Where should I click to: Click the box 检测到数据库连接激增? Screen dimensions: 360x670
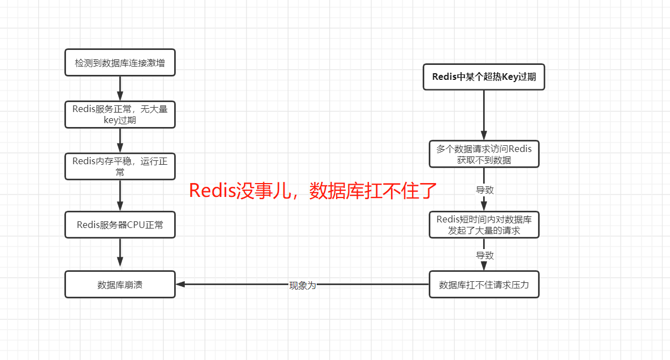(120, 63)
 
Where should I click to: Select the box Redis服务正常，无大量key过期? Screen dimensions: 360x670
(120, 114)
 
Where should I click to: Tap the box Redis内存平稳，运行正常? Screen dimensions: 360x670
(120, 166)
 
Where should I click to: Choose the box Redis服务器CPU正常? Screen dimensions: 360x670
(120, 225)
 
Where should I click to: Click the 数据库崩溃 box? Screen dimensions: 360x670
(120, 285)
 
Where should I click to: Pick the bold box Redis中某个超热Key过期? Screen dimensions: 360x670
(484, 77)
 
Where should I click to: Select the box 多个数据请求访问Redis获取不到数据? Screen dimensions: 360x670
(484, 154)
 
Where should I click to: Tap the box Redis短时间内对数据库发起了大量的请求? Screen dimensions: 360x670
(484, 225)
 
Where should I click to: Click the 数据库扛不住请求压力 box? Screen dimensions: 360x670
(484, 285)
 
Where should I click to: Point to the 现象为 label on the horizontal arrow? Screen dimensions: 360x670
(302, 285)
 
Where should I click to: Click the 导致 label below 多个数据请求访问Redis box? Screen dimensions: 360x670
(484, 190)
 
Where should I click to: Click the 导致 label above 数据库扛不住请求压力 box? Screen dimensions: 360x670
(484, 255)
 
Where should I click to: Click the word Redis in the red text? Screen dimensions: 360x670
(212, 191)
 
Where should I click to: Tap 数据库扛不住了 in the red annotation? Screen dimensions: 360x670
(373, 191)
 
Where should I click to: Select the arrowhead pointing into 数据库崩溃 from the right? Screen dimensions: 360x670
(181, 285)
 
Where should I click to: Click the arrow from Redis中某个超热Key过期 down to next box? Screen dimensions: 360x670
(484, 114)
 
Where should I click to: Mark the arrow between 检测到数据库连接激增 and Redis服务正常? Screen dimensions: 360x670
(120, 88)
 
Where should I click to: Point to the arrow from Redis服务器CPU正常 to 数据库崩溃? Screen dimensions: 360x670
(120, 254)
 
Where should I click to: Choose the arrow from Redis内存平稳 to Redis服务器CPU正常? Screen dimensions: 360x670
(120, 195)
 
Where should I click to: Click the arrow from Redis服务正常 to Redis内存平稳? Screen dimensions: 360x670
(120, 140)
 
